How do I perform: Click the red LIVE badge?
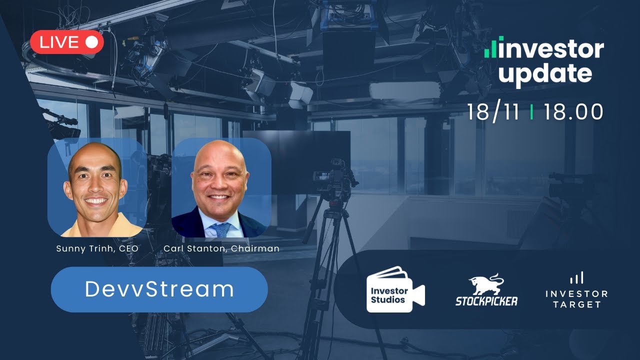pos(66,42)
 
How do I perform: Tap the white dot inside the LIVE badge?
pos(91,42)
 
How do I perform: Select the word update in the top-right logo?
pos(545,73)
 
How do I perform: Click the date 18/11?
pos(492,111)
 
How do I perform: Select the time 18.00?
pos(573,111)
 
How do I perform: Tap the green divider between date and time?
pos(531,112)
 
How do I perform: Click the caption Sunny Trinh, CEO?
pos(97,248)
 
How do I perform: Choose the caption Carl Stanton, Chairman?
pos(221,248)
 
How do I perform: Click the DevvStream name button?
pos(159,289)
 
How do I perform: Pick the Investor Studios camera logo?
pos(394,289)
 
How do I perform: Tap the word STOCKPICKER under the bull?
pos(486,300)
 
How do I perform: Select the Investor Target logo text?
pos(576,299)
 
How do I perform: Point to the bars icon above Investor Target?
pos(576,278)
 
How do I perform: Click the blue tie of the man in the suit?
pos(220,229)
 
